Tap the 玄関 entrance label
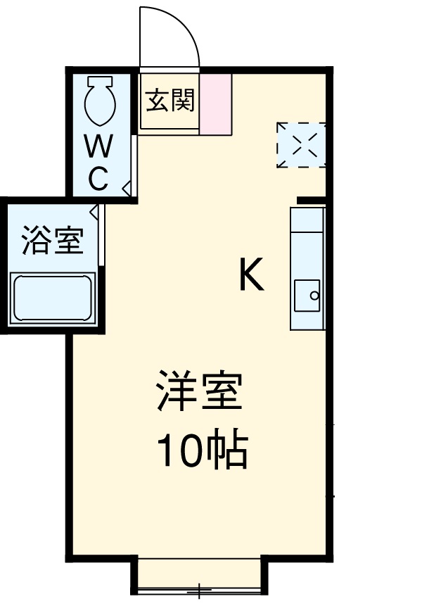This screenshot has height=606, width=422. pos(170,101)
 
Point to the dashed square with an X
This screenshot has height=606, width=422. pos(301,145)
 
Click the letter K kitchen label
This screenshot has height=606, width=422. pos(251,275)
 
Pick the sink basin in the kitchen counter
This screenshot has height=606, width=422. pos(307,296)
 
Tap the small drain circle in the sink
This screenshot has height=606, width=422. pos(315,296)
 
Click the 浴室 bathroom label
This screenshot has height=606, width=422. pos(53,241)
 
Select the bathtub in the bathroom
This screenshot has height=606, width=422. pos(53,298)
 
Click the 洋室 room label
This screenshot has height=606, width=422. pos(200,391)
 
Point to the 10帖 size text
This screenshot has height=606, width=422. pos(202,450)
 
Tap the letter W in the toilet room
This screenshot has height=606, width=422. pos(98,147)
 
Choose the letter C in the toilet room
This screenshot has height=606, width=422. pos(98,179)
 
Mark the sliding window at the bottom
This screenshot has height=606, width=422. pos(199,576)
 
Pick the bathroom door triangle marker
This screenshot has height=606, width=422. pos(95,210)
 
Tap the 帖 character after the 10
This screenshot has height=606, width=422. pos(228,451)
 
